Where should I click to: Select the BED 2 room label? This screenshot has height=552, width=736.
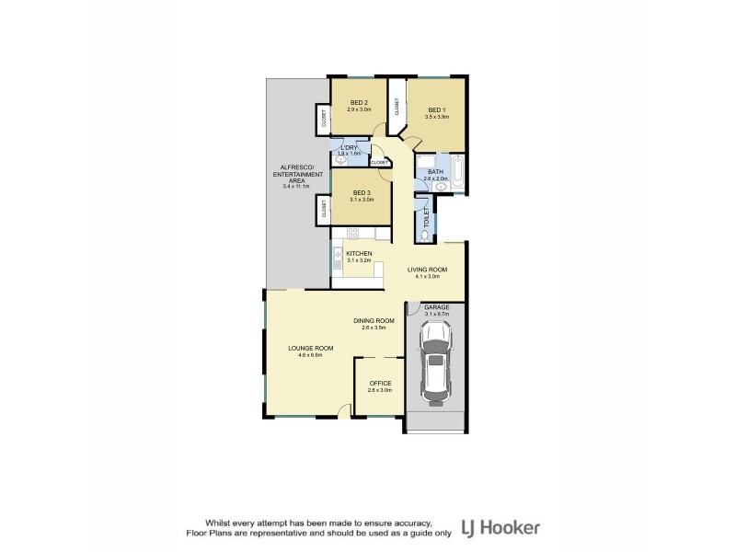[358, 102]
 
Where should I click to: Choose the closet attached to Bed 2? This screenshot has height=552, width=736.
[324, 119]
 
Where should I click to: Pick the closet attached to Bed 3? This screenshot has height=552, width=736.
[324, 210]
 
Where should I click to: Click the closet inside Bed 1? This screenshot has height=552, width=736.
[397, 106]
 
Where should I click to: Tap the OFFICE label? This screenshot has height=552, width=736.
[380, 383]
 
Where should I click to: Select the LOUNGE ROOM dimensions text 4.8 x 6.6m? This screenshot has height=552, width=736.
[310, 355]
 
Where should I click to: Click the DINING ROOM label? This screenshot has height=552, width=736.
[374, 320]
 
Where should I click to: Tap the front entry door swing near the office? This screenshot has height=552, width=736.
[343, 417]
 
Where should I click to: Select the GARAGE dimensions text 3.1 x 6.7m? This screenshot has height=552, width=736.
[435, 314]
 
